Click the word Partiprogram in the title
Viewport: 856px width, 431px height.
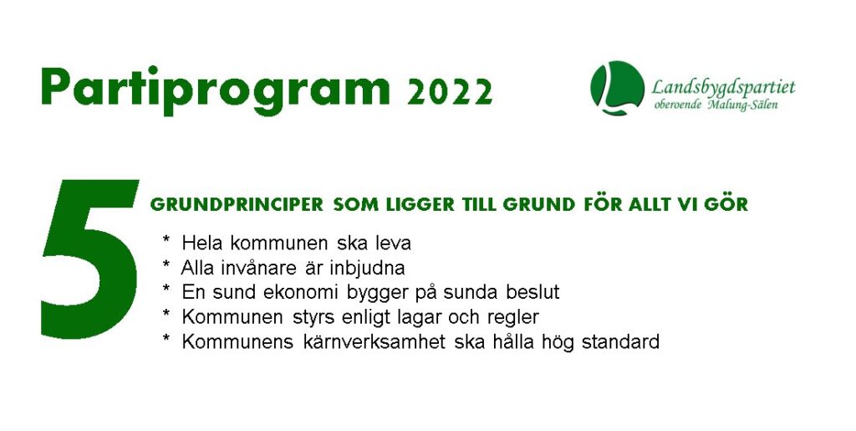(x=216, y=89)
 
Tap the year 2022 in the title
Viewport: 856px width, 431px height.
(x=450, y=92)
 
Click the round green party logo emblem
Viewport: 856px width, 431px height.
(x=618, y=87)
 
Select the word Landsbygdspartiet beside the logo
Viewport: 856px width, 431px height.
(x=723, y=87)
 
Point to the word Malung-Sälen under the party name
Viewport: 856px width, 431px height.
(x=742, y=105)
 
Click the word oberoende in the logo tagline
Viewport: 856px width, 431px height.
(x=677, y=105)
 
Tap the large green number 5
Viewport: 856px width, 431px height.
(x=90, y=259)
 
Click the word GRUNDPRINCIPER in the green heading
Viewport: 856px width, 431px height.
(x=237, y=205)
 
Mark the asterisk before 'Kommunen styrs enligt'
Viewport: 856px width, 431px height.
(x=166, y=314)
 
